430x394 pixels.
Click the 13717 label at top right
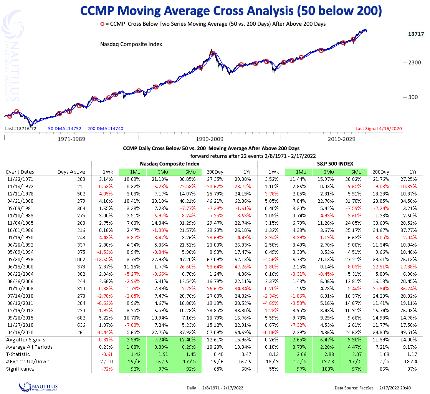(416, 34)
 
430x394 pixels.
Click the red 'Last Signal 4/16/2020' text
(379, 129)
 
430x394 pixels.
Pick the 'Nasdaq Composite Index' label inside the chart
(131, 44)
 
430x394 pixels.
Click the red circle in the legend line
(103, 24)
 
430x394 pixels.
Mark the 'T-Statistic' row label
(18, 354)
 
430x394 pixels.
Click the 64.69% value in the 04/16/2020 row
(241, 332)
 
